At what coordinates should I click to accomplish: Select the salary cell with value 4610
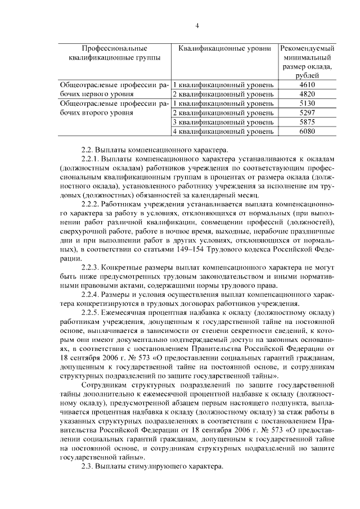coord(307,84)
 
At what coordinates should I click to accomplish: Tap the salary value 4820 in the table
coord(307,94)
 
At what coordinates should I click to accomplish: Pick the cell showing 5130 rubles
coord(307,103)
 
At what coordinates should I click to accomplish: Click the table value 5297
coord(307,113)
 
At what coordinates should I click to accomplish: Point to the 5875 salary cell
coord(307,122)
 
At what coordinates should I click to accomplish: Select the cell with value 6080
coord(307,132)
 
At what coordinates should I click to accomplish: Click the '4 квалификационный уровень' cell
coord(223,132)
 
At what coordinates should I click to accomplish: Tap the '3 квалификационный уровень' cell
coord(223,122)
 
